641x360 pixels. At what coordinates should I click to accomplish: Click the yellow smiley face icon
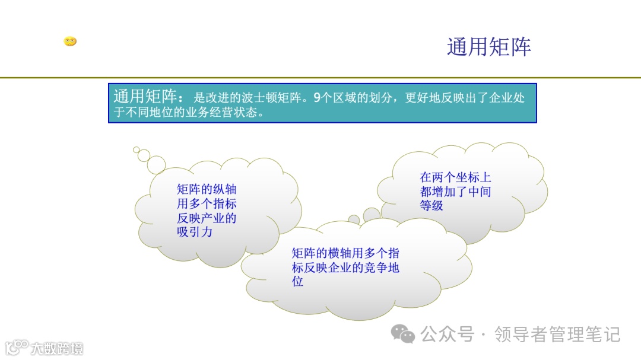[70, 42]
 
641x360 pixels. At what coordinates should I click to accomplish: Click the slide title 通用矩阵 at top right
[488, 47]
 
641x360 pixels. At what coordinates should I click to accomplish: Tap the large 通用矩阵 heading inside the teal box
[145, 97]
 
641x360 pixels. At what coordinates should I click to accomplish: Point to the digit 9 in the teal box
[316, 97]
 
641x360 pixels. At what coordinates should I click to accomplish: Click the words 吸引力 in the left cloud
[195, 232]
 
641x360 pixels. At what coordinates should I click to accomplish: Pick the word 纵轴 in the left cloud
[224, 189]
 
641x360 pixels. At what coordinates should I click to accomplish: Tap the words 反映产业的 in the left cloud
[207, 218]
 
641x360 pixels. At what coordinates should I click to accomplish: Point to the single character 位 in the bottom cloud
[297, 282]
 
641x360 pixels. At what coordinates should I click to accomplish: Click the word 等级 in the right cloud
[431, 206]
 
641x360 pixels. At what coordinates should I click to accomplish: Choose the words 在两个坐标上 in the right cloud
[455, 177]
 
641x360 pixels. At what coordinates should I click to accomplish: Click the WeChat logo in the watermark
[406, 334]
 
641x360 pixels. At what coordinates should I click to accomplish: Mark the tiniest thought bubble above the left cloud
[137, 150]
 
